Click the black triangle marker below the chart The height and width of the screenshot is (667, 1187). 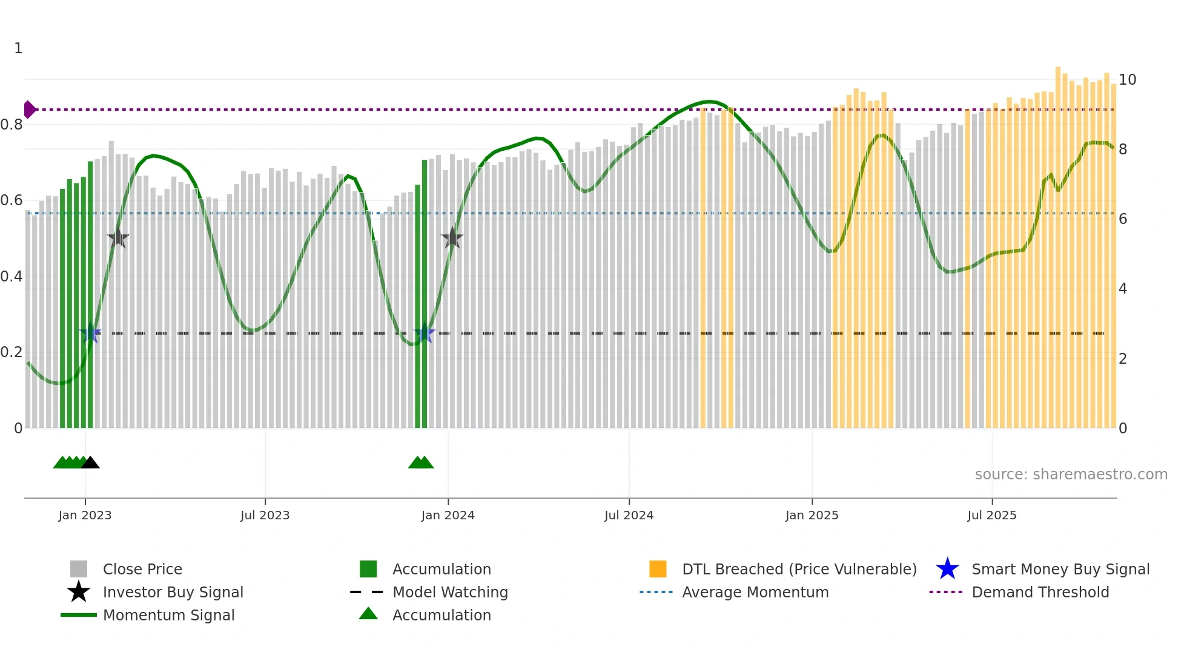[90, 463]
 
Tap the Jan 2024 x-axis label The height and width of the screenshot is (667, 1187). [448, 515]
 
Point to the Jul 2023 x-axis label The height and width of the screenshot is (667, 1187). [265, 515]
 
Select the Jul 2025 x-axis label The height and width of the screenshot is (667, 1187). [991, 515]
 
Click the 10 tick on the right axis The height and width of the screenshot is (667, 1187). [1127, 80]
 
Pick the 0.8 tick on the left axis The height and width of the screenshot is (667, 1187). [12, 125]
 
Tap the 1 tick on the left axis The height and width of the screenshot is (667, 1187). [18, 48]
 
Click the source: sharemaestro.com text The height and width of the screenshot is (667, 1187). [1071, 475]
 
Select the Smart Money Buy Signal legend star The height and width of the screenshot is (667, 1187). [947, 569]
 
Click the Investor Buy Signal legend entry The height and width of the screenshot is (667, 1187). [173, 592]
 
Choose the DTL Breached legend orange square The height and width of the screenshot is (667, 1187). [658, 569]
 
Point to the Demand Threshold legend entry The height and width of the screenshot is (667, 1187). [1040, 592]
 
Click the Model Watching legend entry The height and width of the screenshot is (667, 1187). [449, 592]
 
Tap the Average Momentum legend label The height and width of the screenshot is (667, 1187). [755, 592]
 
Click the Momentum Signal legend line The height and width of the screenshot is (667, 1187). [79, 615]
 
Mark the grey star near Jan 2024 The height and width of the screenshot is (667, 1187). [452, 238]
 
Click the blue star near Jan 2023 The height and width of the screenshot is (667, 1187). [90, 333]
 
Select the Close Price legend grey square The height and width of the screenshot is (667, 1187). [79, 569]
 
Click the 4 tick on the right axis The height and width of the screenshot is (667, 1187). [1122, 289]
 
